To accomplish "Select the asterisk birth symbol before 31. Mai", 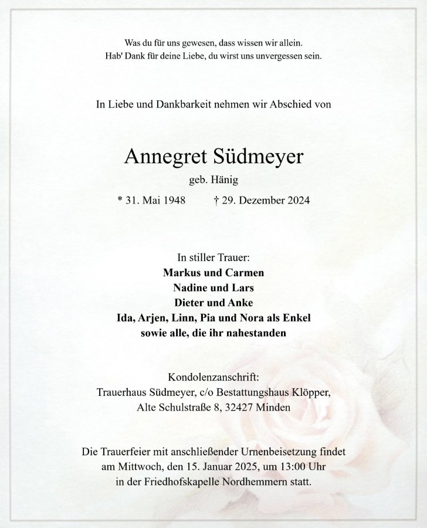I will pos(120,200).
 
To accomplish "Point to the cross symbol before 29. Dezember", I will pos(216,200).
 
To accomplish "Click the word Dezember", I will pos(259,200).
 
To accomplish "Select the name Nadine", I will pos(191,288).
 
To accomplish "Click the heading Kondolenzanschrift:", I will pos(213,377).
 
